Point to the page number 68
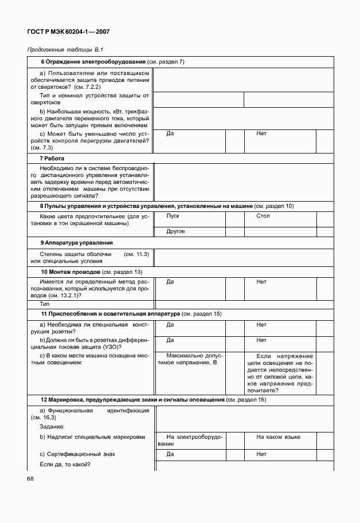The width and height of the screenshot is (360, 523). coord(31,478)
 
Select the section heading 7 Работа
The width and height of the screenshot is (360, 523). coord(52,158)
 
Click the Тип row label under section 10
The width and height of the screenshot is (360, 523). coord(45,304)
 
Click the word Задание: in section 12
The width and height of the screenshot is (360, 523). coord(52,427)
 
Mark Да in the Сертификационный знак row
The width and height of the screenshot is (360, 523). coord(170,454)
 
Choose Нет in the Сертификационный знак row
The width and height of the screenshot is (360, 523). coord(261,454)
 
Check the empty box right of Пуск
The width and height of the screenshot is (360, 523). coord(235,220)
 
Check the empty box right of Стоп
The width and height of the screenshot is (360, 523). coord(324,220)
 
